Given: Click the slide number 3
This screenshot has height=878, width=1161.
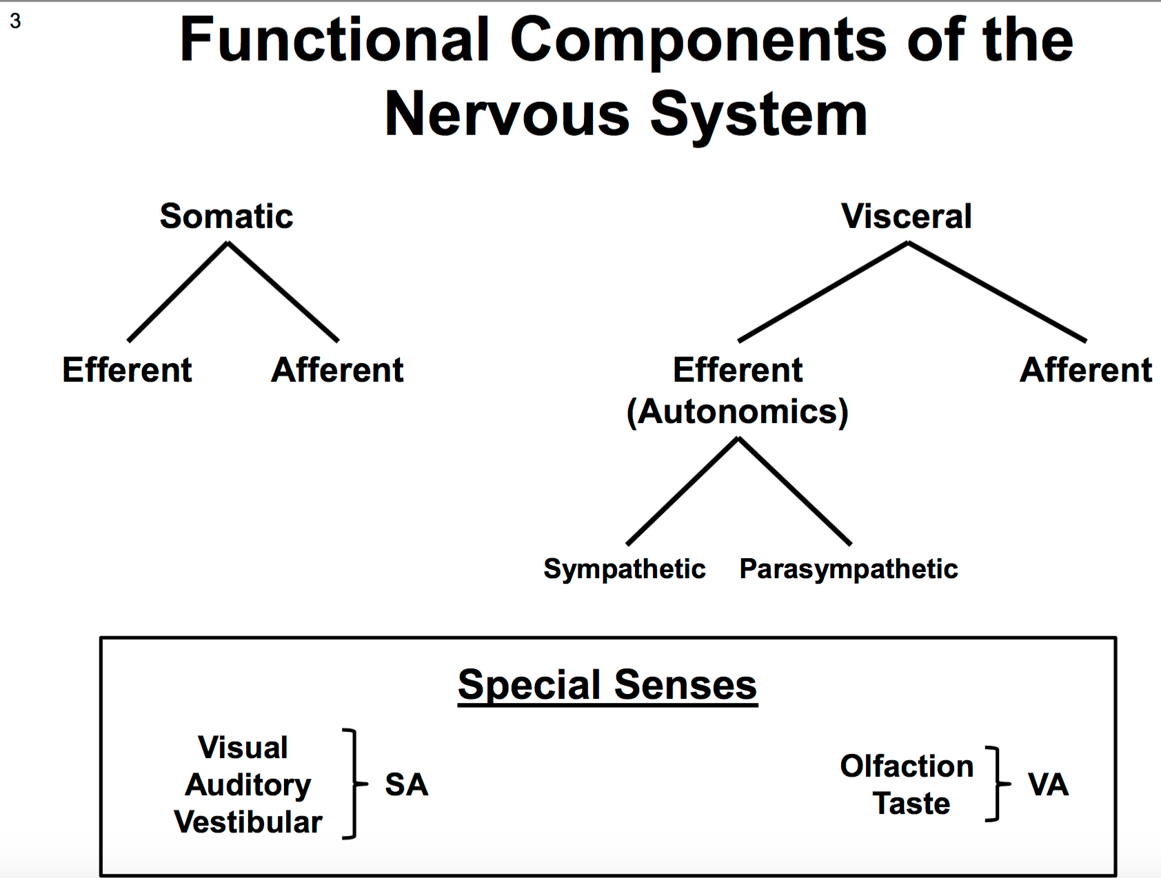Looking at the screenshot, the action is coord(15,21).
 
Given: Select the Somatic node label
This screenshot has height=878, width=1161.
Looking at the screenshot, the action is coord(226,216).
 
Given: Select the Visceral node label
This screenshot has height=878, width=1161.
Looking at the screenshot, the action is coord(907,216).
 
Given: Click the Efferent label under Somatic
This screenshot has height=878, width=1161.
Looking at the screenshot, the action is coord(127,370).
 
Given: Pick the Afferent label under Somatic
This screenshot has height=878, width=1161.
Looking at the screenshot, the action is coord(337,370).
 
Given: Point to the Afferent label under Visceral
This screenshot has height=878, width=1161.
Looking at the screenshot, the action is coord(1086,370).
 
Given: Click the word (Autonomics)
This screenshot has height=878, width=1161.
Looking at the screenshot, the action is coord(738,412).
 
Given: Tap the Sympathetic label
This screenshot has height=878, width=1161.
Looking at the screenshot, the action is coord(625,569).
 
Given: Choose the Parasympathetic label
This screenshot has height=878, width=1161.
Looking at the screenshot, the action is coord(849,569).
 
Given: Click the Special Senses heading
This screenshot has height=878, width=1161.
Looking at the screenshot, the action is coord(607,685).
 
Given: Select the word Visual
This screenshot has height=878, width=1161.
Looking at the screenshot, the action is coord(243,748).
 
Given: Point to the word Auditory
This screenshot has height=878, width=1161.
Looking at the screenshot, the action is coord(248,786).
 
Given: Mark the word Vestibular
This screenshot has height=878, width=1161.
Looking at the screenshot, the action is coord(248,822).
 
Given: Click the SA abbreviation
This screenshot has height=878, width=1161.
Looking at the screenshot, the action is coord(407,785).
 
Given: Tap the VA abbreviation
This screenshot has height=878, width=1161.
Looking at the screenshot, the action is coord(1048,785).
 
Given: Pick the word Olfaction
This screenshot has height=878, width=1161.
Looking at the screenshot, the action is coord(907,766).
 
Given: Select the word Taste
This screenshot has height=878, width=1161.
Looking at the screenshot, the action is coord(911,804).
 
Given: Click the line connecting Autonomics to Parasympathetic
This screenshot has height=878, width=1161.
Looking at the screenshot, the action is coord(795,491).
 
